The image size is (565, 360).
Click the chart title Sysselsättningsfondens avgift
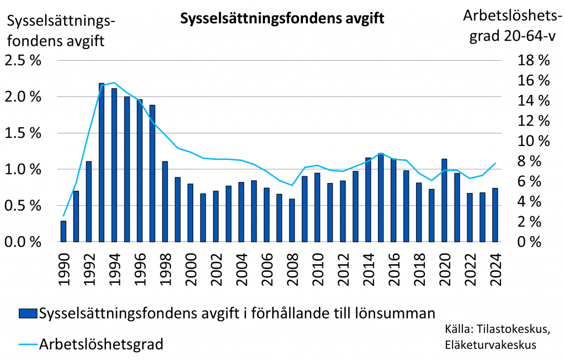[x=281, y=19]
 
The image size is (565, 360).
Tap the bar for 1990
[x=63, y=231]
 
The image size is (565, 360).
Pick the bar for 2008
[x=292, y=220]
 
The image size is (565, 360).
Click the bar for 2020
[x=444, y=200]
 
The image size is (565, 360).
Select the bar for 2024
[x=495, y=214]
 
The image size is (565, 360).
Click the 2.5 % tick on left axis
[x=23, y=61]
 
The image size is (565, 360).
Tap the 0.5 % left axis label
[x=23, y=206]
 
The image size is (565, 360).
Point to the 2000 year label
[x=190, y=267]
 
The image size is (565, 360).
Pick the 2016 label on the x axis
[x=393, y=267]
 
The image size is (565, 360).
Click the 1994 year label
[x=114, y=267]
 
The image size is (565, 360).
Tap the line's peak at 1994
[x=114, y=83]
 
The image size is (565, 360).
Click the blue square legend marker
[x=28, y=314]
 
